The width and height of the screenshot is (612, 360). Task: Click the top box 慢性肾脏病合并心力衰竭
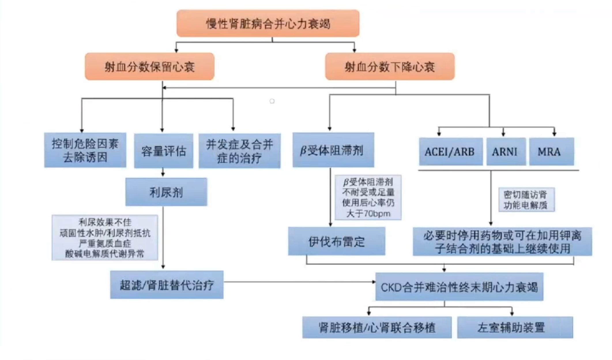click(268, 23)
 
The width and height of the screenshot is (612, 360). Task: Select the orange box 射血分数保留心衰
click(149, 67)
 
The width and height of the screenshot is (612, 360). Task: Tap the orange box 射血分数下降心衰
click(390, 67)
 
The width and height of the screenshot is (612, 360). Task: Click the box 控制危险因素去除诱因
click(85, 150)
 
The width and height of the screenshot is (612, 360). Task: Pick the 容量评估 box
click(163, 151)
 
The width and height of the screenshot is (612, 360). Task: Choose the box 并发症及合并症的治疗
click(239, 151)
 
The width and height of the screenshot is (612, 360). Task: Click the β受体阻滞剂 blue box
click(333, 150)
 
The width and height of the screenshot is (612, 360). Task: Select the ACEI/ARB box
click(450, 152)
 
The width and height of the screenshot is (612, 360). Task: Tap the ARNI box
click(506, 152)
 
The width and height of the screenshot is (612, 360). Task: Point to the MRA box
click(551, 152)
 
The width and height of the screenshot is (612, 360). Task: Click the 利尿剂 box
click(166, 192)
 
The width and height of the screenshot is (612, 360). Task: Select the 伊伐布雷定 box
click(336, 241)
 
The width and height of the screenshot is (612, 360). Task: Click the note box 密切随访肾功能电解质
click(526, 200)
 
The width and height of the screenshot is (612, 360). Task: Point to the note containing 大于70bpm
click(368, 198)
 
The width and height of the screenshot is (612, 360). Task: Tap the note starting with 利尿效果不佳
click(105, 238)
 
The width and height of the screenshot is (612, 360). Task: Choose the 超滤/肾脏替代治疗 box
click(167, 285)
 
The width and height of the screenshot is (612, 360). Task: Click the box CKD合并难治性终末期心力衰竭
click(459, 287)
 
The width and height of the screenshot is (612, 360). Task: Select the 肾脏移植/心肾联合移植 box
click(377, 327)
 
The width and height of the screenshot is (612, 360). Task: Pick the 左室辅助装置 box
click(515, 327)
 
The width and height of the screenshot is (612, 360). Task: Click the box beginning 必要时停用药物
click(502, 242)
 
